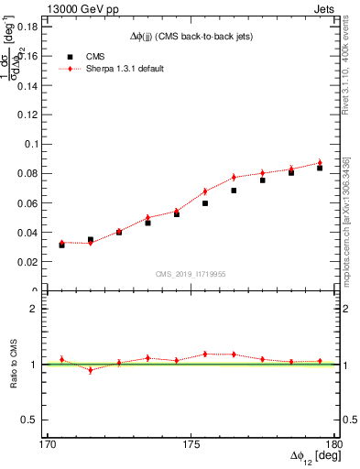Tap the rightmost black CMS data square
click(320, 168)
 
